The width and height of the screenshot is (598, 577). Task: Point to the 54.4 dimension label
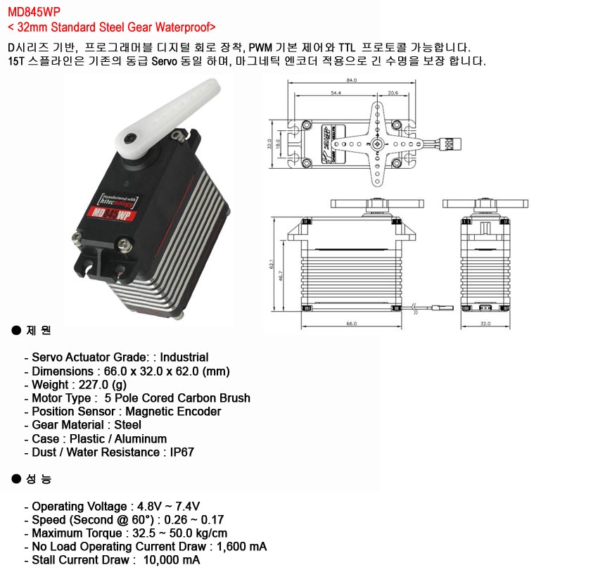point(335,92)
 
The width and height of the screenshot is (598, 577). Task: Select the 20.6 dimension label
point(393,92)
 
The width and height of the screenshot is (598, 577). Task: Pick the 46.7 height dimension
point(281,276)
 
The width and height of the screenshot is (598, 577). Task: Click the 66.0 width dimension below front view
point(352,323)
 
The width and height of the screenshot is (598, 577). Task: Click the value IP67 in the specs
point(182,452)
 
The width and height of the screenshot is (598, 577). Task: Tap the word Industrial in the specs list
point(184,357)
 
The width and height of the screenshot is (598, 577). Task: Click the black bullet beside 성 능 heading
point(16,479)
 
